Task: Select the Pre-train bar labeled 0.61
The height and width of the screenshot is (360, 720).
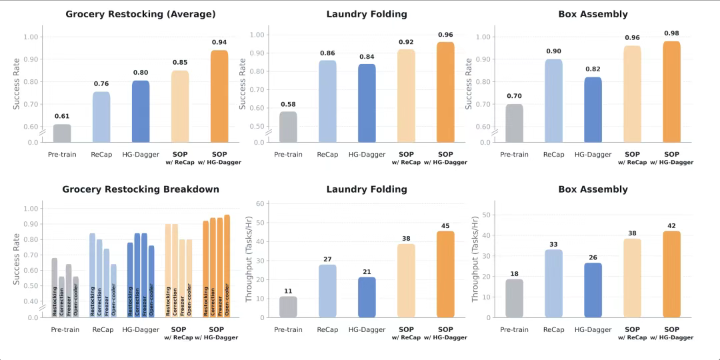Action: click(62, 133)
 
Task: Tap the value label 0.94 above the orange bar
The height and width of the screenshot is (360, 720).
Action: click(219, 42)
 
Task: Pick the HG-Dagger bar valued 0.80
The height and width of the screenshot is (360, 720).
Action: click(141, 111)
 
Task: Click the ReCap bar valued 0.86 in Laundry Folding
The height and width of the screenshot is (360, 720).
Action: click(327, 101)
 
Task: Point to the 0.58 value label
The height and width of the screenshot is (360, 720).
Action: click(288, 104)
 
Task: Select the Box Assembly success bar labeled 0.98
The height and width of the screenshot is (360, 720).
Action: click(672, 92)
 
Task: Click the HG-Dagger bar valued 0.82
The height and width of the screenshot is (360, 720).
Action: click(593, 110)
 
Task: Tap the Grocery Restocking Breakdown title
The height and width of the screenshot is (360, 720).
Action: click(141, 189)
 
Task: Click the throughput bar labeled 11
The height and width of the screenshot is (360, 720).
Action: click(288, 307)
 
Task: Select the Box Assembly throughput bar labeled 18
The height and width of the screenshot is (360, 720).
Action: click(515, 298)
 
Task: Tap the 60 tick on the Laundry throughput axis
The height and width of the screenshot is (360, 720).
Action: click(261, 204)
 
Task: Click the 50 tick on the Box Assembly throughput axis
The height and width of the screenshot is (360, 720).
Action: click(487, 215)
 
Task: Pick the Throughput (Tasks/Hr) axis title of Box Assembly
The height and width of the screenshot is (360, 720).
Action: click(475, 259)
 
